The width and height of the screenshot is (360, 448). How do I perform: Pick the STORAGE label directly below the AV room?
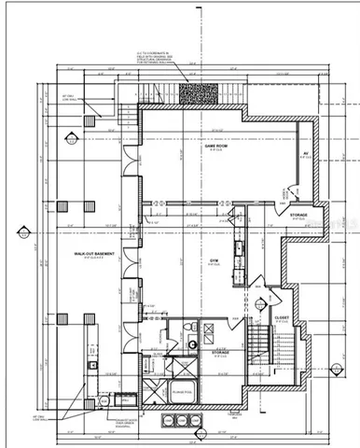(x=298, y=214)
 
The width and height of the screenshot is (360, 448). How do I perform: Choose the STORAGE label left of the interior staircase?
(x=222, y=352)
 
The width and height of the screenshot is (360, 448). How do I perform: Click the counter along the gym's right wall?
(x=240, y=252)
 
